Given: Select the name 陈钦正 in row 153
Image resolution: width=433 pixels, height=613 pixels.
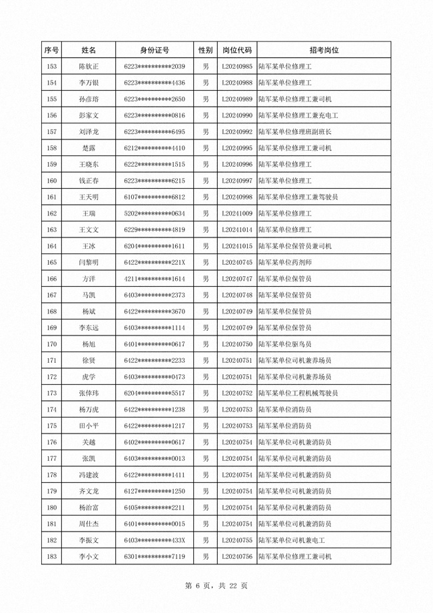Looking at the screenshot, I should click(x=89, y=67).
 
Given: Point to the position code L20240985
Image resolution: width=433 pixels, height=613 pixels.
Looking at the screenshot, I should click(x=236, y=67).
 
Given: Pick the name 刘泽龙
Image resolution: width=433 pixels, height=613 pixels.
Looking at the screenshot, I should click(x=89, y=131).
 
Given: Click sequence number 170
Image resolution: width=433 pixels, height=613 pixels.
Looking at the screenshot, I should click(x=51, y=344).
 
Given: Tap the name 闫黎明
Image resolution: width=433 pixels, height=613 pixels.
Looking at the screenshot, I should click(x=89, y=262).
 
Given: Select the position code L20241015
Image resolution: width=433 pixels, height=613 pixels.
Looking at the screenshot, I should click(x=236, y=246).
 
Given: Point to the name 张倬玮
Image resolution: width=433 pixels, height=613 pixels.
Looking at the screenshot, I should click(x=89, y=393).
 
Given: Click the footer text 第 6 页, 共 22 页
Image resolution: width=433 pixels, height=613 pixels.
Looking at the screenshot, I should click(x=216, y=585).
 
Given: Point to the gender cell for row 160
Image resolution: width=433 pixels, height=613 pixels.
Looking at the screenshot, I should click(x=206, y=181).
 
